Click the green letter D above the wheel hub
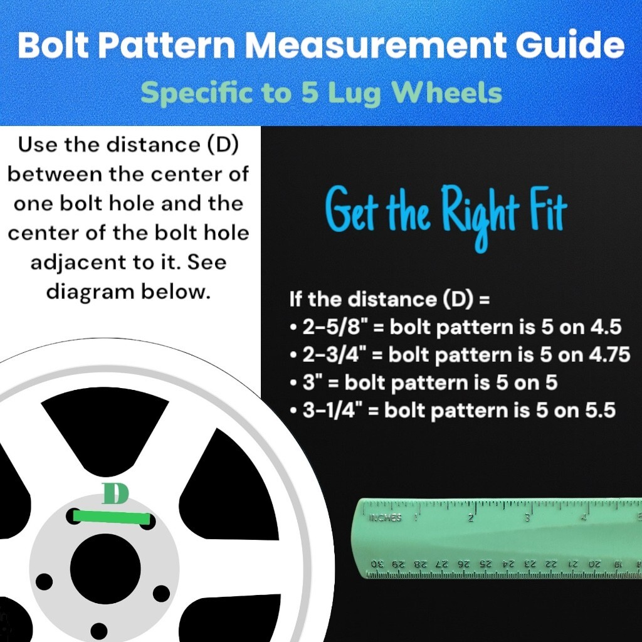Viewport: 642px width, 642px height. click(x=115, y=494)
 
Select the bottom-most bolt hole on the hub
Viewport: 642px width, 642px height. click(x=98, y=631)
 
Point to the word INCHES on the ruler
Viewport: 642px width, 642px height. click(x=386, y=518)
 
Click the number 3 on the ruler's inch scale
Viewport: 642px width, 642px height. click(x=527, y=518)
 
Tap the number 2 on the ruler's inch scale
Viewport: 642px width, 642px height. click(x=470, y=518)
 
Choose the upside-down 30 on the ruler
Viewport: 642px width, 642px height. click(x=377, y=564)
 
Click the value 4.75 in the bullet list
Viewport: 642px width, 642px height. click(x=608, y=354)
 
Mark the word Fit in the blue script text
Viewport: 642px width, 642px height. click(x=545, y=213)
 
